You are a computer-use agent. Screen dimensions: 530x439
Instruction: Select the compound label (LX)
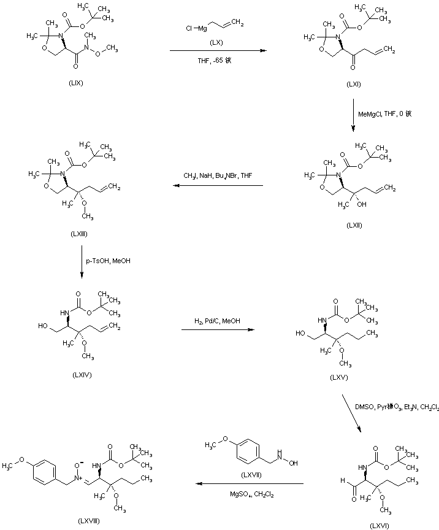(x=215, y=42)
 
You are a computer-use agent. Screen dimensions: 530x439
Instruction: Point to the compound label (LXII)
(x=354, y=225)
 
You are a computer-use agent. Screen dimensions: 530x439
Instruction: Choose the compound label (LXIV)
(x=82, y=375)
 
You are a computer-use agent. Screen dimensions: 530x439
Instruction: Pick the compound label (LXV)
(x=338, y=377)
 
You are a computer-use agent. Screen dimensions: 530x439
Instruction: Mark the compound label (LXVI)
(x=379, y=525)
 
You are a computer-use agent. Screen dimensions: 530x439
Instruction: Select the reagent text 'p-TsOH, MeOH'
(x=109, y=261)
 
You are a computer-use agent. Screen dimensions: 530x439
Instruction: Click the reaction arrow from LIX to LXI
(x=218, y=51)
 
